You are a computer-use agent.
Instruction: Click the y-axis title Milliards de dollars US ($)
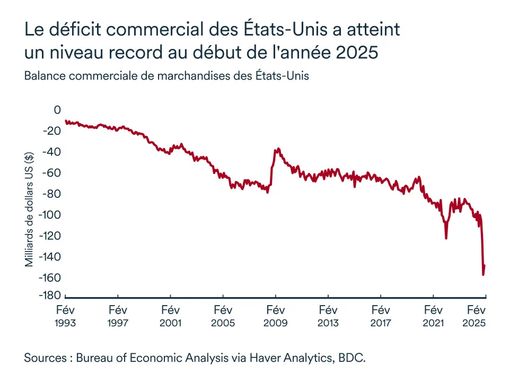point(29,209)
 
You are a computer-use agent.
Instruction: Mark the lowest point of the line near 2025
point(483,274)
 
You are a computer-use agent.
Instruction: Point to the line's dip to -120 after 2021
point(446,238)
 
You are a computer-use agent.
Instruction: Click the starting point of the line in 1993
point(66,120)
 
